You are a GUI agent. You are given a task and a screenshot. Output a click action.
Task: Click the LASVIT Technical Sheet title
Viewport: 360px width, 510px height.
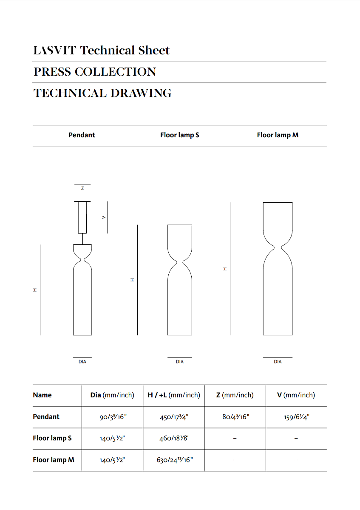click(x=101, y=50)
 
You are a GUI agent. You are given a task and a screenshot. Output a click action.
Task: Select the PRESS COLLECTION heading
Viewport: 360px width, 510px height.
click(x=95, y=72)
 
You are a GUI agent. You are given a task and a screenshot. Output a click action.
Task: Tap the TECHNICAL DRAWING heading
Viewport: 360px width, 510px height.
click(x=102, y=93)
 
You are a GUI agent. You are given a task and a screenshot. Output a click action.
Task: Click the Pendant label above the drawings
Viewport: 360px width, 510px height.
click(x=82, y=135)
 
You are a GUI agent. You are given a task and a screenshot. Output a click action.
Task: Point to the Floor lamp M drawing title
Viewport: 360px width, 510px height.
click(x=278, y=135)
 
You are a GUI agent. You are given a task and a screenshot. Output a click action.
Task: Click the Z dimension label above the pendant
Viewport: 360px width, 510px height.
click(x=82, y=188)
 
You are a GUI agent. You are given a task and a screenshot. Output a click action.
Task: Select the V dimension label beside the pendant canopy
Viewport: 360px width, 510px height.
click(x=104, y=217)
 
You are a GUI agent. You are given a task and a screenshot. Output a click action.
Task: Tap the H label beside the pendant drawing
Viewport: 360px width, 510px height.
click(x=35, y=290)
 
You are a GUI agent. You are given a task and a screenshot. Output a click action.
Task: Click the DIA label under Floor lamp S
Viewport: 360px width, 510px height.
click(x=180, y=362)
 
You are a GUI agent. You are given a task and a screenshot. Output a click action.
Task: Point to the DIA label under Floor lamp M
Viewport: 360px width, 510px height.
click(x=278, y=362)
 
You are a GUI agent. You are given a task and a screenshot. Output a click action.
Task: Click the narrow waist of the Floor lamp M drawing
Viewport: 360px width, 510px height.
click(x=278, y=246)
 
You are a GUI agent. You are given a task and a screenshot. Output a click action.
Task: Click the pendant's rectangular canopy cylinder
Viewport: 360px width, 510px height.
click(x=82, y=217)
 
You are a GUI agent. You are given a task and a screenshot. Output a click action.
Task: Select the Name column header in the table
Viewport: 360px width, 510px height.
click(x=42, y=395)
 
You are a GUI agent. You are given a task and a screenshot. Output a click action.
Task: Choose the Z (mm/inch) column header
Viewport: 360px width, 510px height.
click(x=235, y=395)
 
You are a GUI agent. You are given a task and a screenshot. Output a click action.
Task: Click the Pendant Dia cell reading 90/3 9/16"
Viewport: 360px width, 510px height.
click(x=113, y=417)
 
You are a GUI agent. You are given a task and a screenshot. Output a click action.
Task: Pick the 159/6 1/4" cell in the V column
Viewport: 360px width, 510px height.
click(x=296, y=417)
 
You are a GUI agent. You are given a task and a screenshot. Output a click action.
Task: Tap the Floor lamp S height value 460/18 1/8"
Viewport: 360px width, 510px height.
click(x=173, y=438)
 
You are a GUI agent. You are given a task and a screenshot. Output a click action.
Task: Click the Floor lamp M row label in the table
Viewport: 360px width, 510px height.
click(x=54, y=460)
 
